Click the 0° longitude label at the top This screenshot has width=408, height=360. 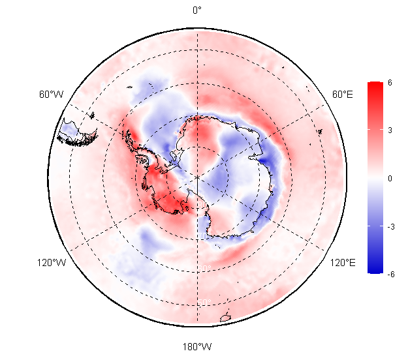197,10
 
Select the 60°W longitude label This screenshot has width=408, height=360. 52,94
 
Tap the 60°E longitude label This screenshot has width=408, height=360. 343,94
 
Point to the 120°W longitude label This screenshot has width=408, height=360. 52,263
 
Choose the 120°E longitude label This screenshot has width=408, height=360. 343,263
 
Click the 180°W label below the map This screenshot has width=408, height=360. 197,346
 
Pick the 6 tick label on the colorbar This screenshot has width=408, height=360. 390,83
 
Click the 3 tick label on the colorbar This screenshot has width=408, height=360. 390,130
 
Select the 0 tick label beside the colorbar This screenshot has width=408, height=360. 390,179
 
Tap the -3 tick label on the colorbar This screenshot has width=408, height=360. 391,227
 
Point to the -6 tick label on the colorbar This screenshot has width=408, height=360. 391,274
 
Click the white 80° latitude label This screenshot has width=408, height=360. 203,205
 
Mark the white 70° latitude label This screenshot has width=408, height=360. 203,236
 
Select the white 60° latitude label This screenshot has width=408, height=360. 204,268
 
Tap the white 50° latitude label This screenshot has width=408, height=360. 204,303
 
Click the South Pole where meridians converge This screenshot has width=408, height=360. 197,177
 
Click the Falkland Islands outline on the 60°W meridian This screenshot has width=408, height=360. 92,115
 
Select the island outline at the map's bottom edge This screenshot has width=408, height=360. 225,318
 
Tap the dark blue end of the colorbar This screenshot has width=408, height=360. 375,269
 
